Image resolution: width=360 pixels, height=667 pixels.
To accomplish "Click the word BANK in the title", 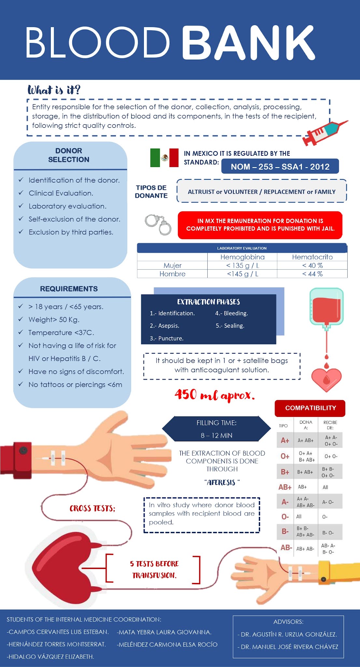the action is coord(248,43).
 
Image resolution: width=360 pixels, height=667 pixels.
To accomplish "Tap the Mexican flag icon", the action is coord(164,158).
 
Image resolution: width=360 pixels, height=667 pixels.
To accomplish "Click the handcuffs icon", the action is coord(158,224).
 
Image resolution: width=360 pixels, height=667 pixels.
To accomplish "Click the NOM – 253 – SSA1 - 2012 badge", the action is coord(280,166).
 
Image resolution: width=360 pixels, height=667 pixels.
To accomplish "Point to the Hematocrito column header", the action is coord(312,257).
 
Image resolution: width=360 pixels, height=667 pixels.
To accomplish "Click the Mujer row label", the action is coord(172,265).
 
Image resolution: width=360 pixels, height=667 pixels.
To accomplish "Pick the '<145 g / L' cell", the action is coord(242,274).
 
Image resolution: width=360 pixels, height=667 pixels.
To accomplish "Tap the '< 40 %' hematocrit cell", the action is coord(312,265).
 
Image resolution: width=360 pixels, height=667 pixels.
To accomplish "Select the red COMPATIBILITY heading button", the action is coord(310,408).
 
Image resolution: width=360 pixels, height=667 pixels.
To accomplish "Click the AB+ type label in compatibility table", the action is coord(285,487).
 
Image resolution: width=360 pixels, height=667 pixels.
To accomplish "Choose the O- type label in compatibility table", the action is coord(285,517).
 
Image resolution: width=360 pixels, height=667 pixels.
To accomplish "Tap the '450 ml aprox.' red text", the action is coord(215,395).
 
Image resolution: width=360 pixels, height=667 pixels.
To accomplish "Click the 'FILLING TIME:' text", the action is coord(216,423).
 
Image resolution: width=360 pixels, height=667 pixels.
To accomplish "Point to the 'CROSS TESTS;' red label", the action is coord(92,508).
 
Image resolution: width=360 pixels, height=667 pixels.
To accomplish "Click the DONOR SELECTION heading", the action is coord(69,155).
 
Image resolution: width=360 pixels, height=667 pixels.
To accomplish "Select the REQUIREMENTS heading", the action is coord(69,289).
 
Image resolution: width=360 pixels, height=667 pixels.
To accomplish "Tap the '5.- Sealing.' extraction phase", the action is coord(230,326).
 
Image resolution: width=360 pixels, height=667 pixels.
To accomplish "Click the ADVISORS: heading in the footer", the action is coord(288,622).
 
